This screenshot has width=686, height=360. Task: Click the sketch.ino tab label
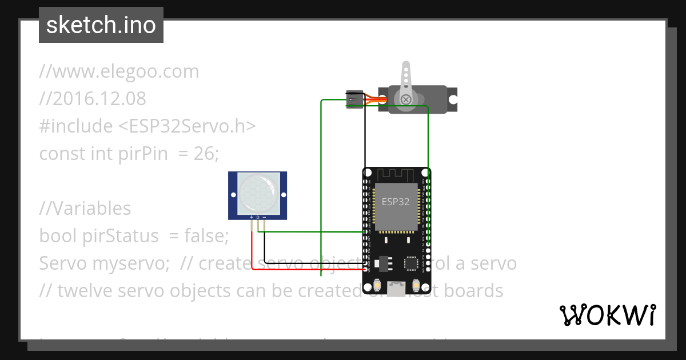(x=101, y=25)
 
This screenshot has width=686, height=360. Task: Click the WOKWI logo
(x=607, y=315)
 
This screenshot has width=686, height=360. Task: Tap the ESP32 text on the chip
(x=396, y=202)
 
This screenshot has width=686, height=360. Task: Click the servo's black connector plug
(x=355, y=99)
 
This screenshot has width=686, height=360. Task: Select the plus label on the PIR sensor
(x=252, y=218)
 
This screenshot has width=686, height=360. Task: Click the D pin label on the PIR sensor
(x=258, y=218)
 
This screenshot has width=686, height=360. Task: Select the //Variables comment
(x=85, y=209)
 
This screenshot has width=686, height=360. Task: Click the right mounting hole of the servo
(x=453, y=100)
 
